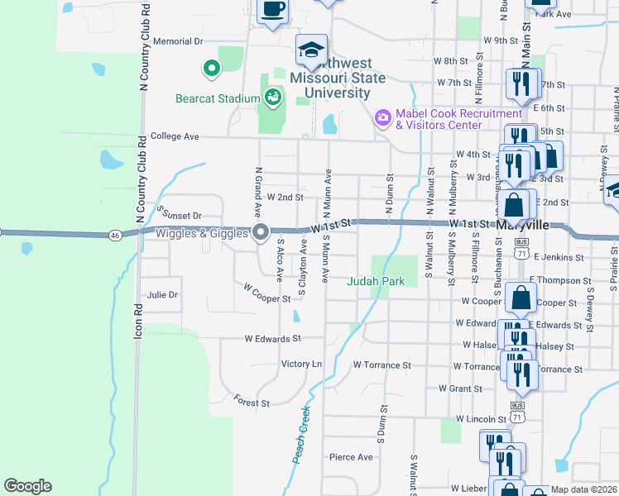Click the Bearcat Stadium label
(x=218, y=98)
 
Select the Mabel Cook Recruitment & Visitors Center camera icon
(x=382, y=118)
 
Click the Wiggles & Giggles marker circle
(x=261, y=233)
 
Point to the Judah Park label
(x=376, y=281)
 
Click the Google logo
(x=27, y=486)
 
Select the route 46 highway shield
(x=115, y=236)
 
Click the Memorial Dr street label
(x=178, y=41)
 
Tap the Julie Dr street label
(x=162, y=294)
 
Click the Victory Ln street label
(x=301, y=364)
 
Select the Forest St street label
(x=252, y=403)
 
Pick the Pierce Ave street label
(x=351, y=456)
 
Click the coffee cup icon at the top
(x=273, y=10)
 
